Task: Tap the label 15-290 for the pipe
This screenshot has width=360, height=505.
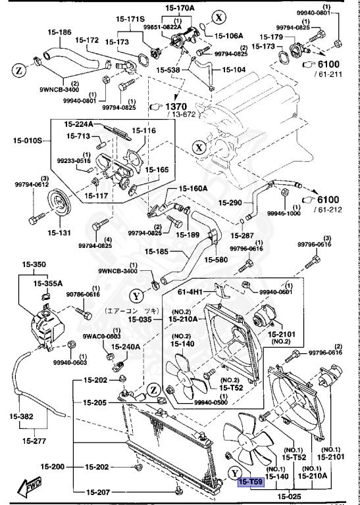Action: click(231, 203)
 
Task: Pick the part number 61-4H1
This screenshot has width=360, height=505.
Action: click(190, 290)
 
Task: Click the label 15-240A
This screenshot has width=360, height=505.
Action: click(126, 347)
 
